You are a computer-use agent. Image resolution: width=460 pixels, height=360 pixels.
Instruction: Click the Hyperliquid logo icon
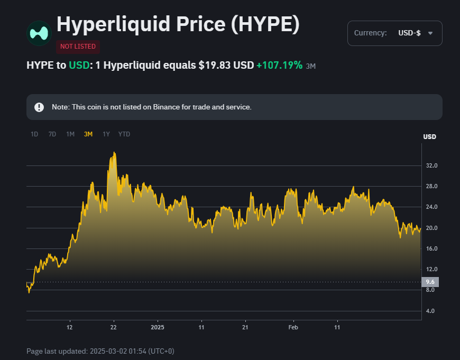[x=39, y=33]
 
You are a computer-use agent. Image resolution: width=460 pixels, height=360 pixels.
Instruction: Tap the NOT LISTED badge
[x=78, y=47]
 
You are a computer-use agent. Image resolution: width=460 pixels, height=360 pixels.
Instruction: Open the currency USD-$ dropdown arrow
[x=430, y=33]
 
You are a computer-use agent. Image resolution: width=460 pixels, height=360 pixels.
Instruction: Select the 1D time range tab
[x=34, y=134]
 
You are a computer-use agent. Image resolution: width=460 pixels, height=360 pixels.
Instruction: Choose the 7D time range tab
[x=52, y=134]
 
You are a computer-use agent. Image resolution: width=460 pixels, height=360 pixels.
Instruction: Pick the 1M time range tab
[x=70, y=134]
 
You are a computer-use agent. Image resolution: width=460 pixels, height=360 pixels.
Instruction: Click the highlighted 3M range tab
[x=88, y=134]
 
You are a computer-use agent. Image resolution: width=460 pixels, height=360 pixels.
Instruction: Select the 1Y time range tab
[x=106, y=134]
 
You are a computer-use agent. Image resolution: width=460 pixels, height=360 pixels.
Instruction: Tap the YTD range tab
[x=124, y=134]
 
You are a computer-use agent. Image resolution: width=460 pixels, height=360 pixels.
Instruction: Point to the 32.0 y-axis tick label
[x=431, y=166]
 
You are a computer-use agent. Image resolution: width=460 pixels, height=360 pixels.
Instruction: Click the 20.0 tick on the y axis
[x=431, y=228]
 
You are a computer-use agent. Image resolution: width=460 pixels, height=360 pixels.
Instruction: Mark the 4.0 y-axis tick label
[x=430, y=311]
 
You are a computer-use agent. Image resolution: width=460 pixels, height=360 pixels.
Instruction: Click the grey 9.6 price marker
[x=430, y=282]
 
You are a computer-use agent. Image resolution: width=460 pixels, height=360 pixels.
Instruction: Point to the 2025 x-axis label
[x=158, y=328]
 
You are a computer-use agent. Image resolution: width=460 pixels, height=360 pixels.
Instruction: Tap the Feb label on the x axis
[x=293, y=328]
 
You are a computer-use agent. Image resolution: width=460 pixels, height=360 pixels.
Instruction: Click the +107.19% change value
[x=279, y=66]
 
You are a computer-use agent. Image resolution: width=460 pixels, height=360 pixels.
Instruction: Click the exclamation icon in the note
[x=39, y=107]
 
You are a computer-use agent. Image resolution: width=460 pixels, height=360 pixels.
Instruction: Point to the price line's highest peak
[x=114, y=153]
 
